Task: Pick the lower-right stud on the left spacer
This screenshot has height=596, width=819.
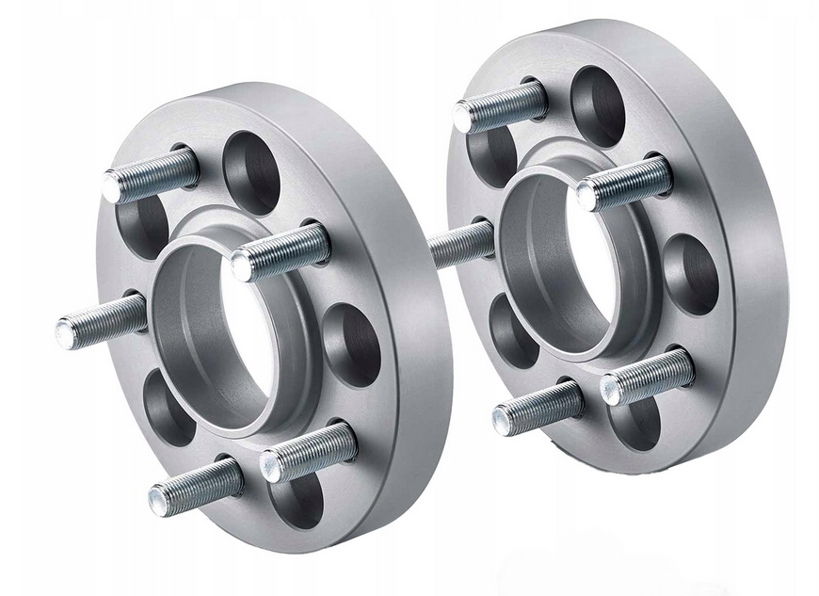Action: pyautogui.click(x=309, y=450)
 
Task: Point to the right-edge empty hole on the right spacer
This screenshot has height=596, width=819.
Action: pyautogui.click(x=692, y=273)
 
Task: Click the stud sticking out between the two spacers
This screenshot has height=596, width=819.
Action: pyautogui.click(x=461, y=243)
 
